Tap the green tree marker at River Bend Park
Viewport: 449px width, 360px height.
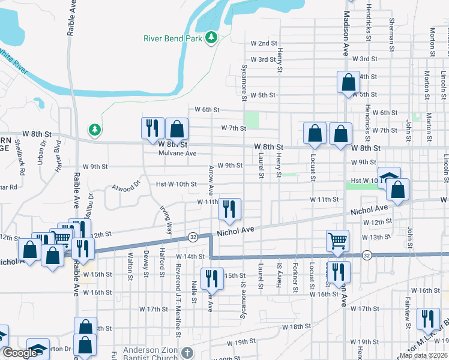coord(211,38)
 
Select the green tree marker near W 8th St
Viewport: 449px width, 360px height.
coord(94,129)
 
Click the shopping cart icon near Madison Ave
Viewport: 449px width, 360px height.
coord(338,241)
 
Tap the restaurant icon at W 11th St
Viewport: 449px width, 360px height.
coord(229,209)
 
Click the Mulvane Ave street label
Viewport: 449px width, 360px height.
coord(178,154)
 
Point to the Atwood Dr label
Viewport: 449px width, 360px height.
coord(125,187)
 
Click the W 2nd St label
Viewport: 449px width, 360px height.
coord(264,43)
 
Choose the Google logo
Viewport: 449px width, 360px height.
coord(20,353)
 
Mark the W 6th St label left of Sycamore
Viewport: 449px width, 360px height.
coord(207,110)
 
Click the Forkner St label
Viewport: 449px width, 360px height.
coord(295,276)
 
